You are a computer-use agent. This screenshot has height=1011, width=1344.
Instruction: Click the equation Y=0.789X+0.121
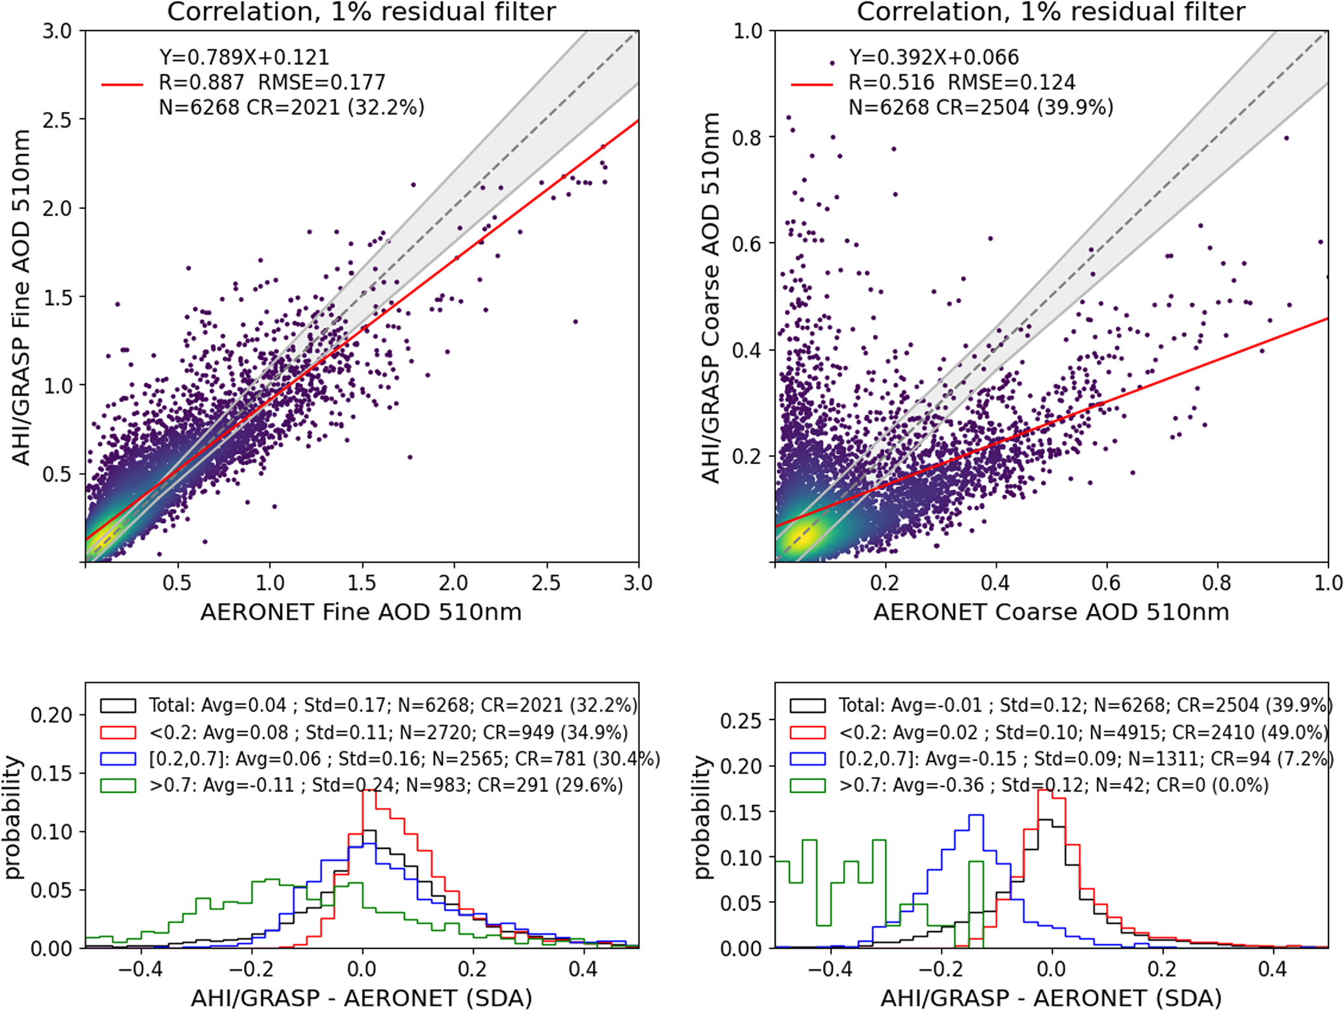click(244, 57)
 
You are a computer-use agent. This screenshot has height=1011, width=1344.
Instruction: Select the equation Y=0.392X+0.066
click(934, 57)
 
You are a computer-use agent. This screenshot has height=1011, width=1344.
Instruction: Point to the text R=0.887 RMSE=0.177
click(272, 83)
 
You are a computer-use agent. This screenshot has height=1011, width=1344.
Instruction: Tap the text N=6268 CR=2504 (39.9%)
click(981, 107)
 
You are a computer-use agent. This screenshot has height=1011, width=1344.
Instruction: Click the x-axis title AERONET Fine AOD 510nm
click(361, 612)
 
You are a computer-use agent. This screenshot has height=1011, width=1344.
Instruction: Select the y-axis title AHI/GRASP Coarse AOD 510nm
click(711, 297)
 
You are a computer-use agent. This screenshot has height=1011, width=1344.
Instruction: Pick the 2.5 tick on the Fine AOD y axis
click(57, 120)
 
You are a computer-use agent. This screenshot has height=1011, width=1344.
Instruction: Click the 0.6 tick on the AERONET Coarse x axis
click(1106, 582)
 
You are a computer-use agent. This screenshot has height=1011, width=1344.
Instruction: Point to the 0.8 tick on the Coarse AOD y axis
click(746, 137)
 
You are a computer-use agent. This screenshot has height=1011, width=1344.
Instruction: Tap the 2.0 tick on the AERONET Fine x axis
click(453, 582)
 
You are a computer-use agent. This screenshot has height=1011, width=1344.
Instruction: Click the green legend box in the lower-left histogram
click(118, 785)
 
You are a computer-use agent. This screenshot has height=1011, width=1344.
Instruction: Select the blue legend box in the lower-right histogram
click(808, 759)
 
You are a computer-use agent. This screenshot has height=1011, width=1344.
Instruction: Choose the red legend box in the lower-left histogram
click(118, 733)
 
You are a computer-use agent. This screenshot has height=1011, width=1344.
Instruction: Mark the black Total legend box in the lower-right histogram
click(808, 705)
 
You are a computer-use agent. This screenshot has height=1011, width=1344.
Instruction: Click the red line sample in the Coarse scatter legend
click(811, 85)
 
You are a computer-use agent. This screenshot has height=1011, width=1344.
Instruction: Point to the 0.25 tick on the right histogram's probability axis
click(741, 721)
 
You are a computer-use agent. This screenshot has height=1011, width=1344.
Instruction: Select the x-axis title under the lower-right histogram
click(1051, 998)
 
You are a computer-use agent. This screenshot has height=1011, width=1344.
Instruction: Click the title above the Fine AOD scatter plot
click(361, 12)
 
